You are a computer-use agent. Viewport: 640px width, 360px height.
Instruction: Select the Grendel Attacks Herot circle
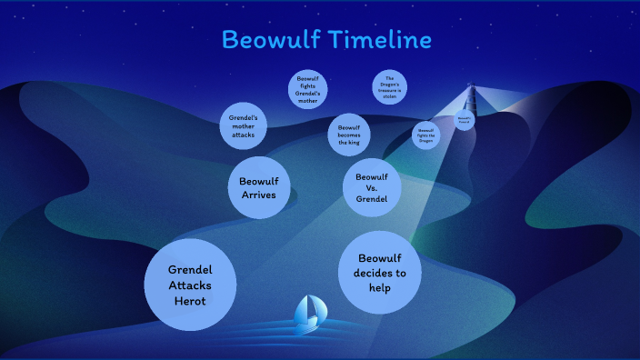(191, 285)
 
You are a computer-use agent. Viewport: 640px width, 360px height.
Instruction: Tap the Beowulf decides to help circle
(379, 273)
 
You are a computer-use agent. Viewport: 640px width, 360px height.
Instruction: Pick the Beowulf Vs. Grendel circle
(372, 186)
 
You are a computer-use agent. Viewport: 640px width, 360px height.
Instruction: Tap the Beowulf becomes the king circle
(350, 135)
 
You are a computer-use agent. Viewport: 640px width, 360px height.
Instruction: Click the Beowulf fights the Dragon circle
(426, 135)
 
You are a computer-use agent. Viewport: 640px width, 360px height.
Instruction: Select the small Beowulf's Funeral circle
(465, 118)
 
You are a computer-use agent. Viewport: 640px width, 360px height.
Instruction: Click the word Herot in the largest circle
(191, 301)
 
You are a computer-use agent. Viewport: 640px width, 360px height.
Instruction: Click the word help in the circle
(379, 288)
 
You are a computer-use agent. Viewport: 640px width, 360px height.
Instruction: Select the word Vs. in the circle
(372, 186)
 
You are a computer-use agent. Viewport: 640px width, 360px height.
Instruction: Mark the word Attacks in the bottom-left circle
(191, 285)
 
